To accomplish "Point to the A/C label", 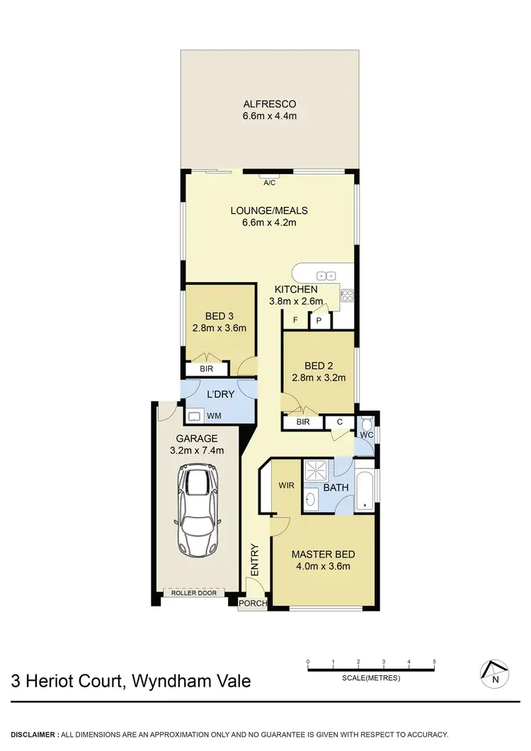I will point(269,182).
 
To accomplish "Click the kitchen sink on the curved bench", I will point(326,275).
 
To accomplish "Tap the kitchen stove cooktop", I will point(347,296).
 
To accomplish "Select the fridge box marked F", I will point(295,320).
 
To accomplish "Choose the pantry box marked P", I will point(319,320).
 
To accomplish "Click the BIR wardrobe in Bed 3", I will point(207,369).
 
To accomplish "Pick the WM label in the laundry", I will point(213,416).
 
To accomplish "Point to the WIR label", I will point(286,486).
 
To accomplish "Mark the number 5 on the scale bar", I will point(433,662).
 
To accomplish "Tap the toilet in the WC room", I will point(368,433).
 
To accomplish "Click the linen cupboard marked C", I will point(340,422).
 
